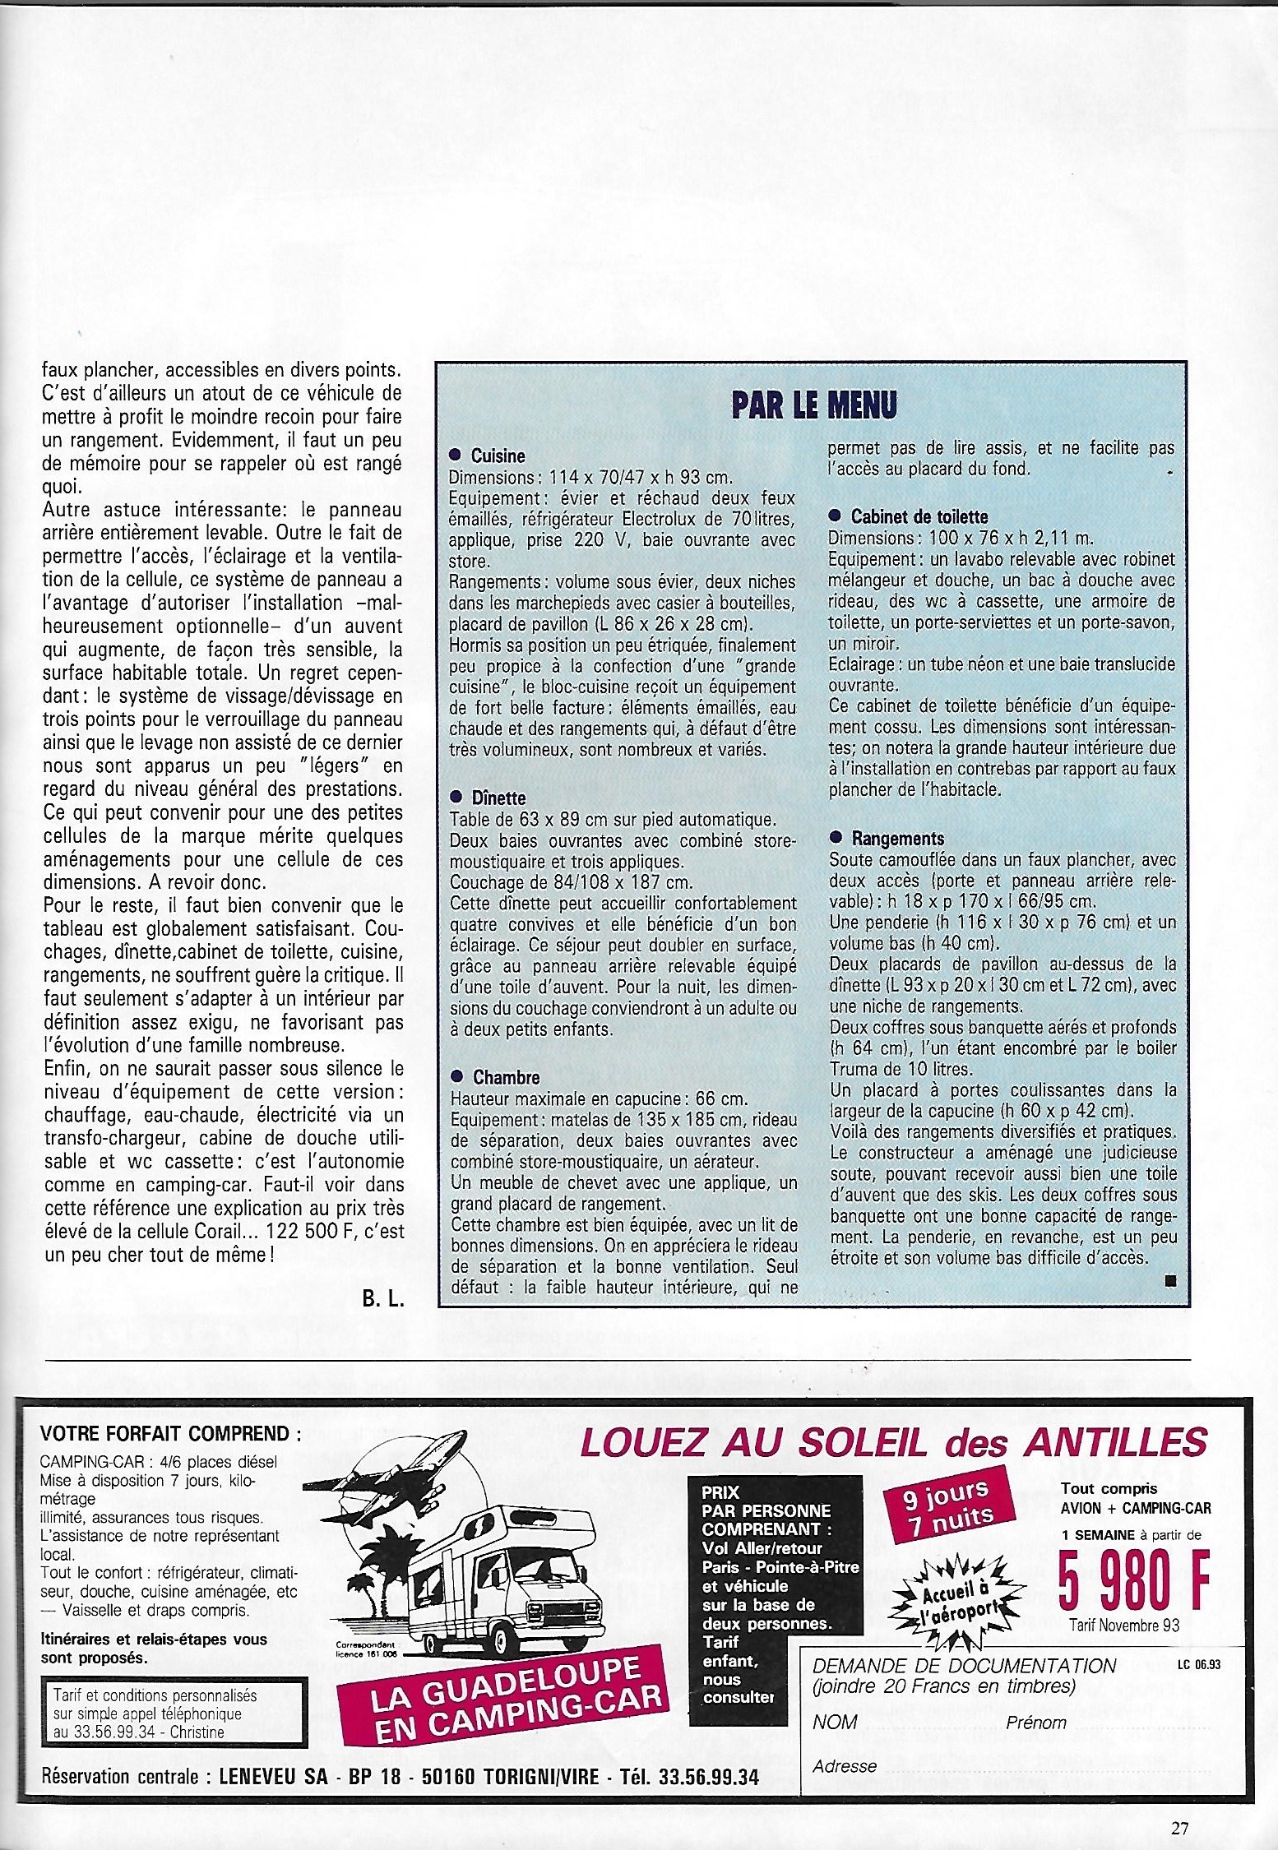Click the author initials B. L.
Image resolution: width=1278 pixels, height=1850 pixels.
(x=382, y=1301)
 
